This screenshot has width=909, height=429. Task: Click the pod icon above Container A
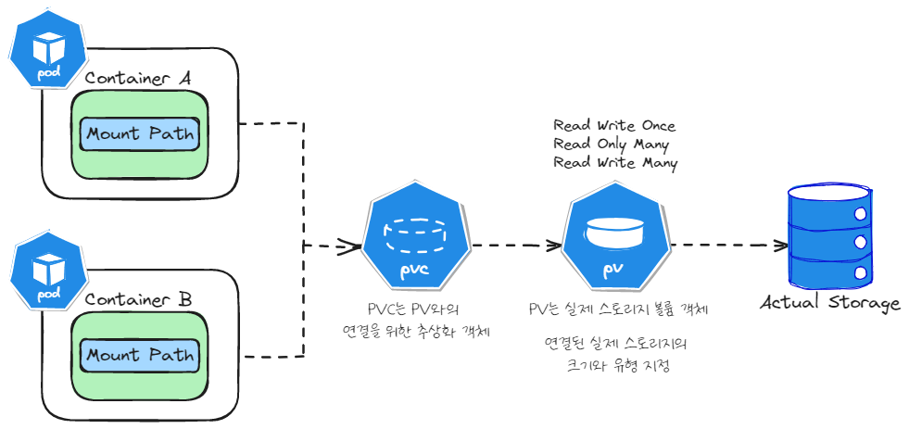pos(45,51)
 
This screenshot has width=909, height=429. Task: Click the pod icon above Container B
pos(45,272)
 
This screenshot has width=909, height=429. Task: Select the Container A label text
pos(137,79)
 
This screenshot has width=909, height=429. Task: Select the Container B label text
pos(138,300)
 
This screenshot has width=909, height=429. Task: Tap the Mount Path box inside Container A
pos(140,134)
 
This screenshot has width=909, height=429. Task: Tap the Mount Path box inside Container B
pos(140,356)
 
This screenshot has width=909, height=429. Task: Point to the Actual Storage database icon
pos(831,236)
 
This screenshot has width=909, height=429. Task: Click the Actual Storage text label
pos(830,304)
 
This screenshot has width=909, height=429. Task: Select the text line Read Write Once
pos(614,126)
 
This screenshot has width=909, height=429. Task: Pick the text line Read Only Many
pos(611,145)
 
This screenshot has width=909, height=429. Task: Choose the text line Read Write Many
pos(615,163)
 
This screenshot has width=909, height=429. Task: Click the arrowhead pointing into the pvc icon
pos(349,246)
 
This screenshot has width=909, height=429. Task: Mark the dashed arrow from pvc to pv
pos(514,246)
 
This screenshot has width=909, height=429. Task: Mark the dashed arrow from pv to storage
pos(727,246)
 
